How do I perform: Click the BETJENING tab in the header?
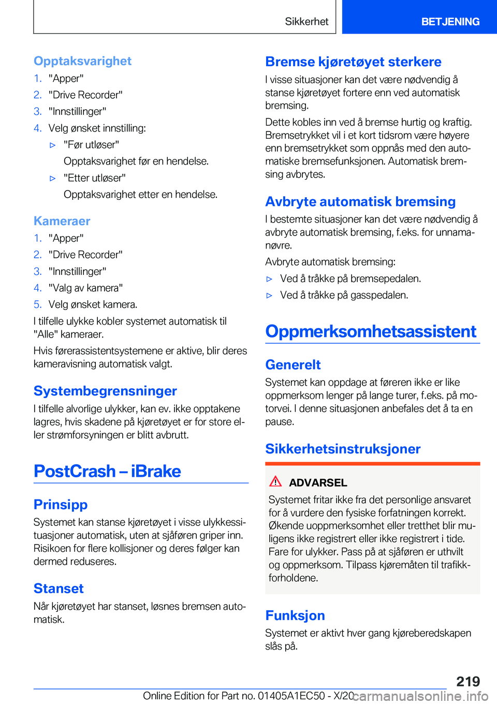[450, 22]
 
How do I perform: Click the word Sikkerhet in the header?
[306, 22]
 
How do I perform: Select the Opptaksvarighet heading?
[82, 61]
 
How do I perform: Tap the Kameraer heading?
[62, 221]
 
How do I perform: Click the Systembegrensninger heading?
[105, 391]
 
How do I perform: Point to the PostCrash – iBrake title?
[107, 471]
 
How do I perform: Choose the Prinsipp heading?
[61, 505]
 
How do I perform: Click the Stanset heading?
[59, 589]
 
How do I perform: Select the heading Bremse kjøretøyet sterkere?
[353, 62]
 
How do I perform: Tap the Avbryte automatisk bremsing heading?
[360, 202]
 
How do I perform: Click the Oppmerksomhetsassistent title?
[371, 331]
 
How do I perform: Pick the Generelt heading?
[293, 365]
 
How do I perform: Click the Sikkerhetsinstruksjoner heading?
[343, 449]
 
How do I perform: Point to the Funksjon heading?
[295, 615]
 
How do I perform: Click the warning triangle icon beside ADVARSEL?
[275, 481]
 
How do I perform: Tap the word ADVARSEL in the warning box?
[318, 483]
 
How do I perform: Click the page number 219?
[468, 681]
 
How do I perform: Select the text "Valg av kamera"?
[85, 288]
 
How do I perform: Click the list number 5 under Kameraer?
[37, 304]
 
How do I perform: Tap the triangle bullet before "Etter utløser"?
[52, 178]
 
